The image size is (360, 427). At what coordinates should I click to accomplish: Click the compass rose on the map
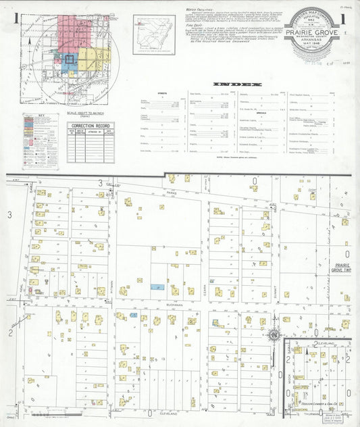pyautogui.click(x=274, y=335)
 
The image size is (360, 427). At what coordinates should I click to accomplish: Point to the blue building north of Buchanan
pyautogui.click(x=157, y=287)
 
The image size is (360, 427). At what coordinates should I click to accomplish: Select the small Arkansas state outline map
pyautogui.click(x=153, y=34)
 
